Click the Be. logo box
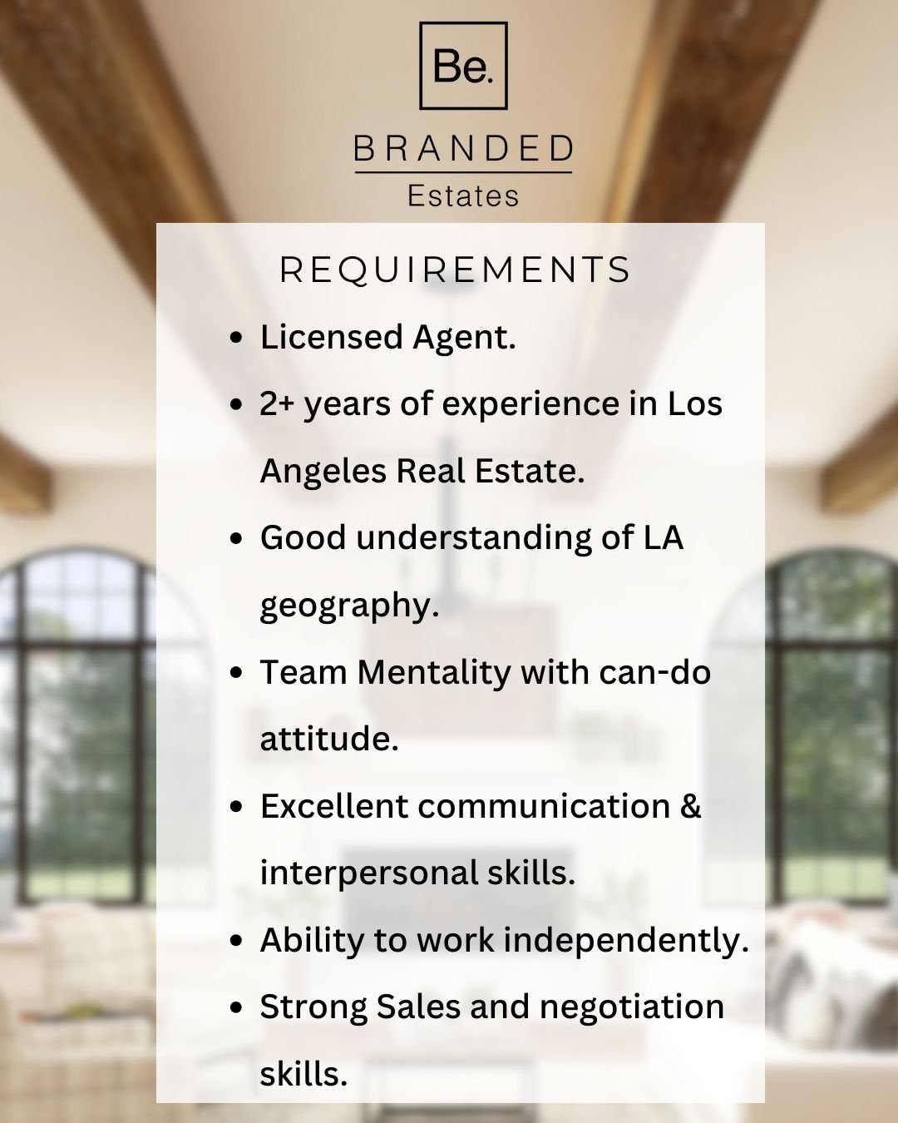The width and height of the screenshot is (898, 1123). tap(463, 22)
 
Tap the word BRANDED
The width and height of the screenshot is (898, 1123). tap(463, 148)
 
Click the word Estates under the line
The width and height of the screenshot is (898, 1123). tap(463, 195)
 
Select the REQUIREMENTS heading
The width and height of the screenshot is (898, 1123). tap(456, 270)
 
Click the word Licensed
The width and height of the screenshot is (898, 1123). tap(331, 337)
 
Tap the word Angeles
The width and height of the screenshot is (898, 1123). tap(323, 471)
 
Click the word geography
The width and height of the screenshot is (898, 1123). tap(349, 606)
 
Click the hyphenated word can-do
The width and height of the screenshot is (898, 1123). tap(655, 672)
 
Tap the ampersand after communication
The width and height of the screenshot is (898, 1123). tap(690, 806)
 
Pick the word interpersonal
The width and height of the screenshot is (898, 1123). tap(369, 873)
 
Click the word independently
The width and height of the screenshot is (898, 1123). tap(626, 940)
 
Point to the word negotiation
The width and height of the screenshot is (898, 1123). tap(632, 1007)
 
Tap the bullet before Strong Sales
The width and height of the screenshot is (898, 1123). tap(236, 1008)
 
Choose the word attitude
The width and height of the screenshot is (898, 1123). tap(329, 739)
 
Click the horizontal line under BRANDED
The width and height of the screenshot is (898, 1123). tap(463, 171)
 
